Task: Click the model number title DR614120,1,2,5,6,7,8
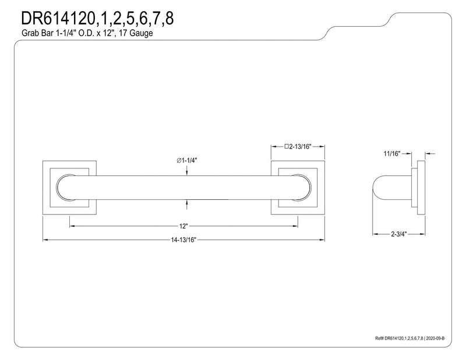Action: [x=97, y=19]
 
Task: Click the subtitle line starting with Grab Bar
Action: [x=87, y=33]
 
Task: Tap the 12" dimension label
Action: [x=183, y=226]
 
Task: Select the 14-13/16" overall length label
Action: [x=183, y=240]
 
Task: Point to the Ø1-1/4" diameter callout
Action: [x=186, y=161]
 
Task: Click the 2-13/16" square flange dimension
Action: [x=298, y=147]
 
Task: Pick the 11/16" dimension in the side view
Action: [x=392, y=154]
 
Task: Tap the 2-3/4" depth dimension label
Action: [x=398, y=234]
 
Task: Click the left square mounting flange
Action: [x=69, y=188]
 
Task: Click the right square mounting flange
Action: [x=298, y=188]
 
